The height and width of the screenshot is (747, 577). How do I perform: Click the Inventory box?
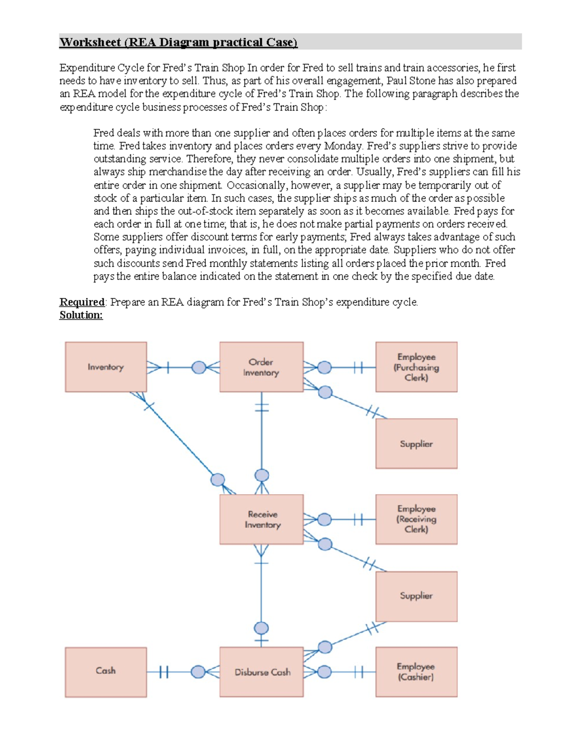106,367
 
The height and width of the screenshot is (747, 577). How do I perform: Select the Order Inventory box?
261,367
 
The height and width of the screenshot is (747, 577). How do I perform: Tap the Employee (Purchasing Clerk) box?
416,367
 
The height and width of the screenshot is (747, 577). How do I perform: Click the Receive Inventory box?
261,519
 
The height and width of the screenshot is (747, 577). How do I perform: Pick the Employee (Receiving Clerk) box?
416,519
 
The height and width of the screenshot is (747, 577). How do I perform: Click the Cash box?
106,672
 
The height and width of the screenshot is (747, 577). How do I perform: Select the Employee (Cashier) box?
416,672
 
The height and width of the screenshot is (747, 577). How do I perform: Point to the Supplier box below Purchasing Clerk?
416,443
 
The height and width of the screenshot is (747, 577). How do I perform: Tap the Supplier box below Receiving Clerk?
416,596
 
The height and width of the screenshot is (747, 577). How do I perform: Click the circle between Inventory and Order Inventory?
199,367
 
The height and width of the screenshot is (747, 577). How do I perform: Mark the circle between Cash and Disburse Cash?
198,672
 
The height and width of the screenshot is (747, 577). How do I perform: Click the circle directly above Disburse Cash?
261,628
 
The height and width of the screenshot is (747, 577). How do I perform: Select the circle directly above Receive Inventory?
262,476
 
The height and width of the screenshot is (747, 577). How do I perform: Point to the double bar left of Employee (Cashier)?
358,672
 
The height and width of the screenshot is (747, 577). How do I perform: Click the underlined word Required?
82,302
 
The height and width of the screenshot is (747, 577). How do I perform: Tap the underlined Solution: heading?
81,315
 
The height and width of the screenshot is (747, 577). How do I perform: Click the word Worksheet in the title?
90,42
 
